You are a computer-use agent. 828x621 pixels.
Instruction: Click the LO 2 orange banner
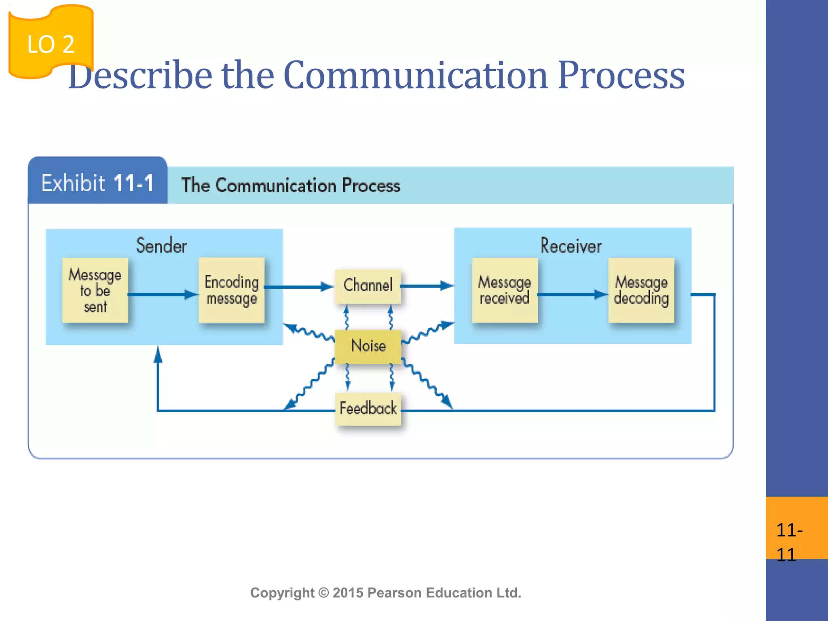pos(51,43)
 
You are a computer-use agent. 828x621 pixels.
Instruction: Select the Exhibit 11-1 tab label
pos(97,183)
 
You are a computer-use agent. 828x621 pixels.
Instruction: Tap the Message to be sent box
pos(95,290)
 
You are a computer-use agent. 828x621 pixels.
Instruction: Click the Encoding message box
pos(232,290)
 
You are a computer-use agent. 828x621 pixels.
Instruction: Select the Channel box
pos(368,286)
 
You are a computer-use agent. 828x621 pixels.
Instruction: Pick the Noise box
pos(368,346)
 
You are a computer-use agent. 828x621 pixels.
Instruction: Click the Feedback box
pos(368,408)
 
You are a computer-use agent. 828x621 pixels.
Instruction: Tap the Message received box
pos(505,290)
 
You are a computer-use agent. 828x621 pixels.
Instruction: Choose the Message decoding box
pos(641,290)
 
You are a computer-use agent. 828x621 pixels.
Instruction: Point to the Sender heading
pos(161,245)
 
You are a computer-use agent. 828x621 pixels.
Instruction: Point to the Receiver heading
pos(571,246)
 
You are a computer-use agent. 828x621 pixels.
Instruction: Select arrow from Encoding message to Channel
pos(299,287)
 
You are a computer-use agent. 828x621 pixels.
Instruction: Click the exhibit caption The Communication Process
pos(290,185)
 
